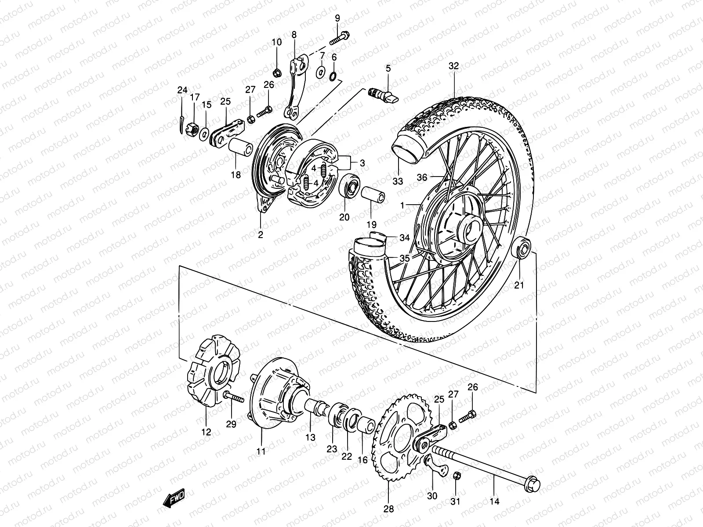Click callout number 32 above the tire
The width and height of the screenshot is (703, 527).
pyautogui.click(x=453, y=66)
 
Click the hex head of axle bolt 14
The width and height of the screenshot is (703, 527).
pyautogui.click(x=533, y=483)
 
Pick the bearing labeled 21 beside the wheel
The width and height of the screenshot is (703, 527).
pyautogui.click(x=521, y=247)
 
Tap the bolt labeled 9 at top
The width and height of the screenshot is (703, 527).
pyautogui.click(x=339, y=38)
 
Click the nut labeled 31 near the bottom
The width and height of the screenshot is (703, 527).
pyautogui.click(x=457, y=476)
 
